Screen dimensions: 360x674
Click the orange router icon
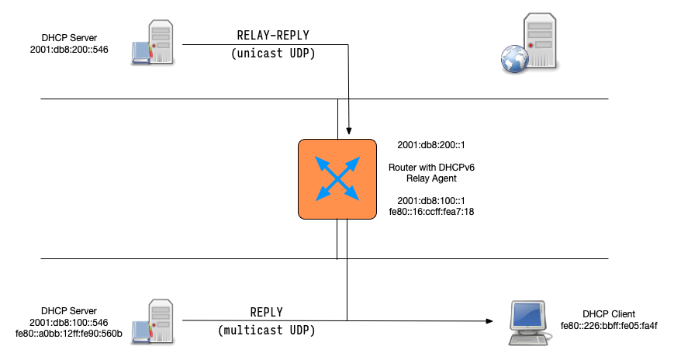(x=337, y=178)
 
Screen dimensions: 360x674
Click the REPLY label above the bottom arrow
(x=266, y=312)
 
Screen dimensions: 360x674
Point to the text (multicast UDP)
(x=266, y=331)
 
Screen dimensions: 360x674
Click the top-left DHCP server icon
(x=156, y=43)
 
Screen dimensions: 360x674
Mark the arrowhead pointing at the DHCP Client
(x=489, y=320)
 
